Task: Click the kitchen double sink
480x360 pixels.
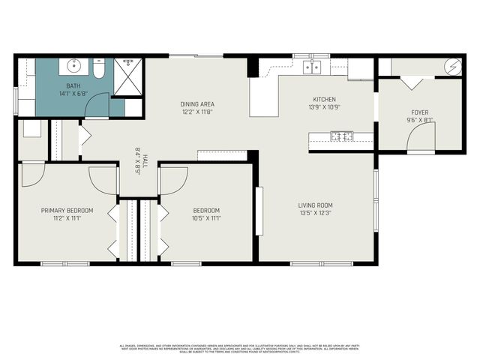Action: tap(312, 67)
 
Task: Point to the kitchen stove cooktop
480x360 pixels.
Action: tap(342, 136)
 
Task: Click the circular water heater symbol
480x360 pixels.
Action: tap(453, 67)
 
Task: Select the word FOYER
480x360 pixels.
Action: tap(419, 112)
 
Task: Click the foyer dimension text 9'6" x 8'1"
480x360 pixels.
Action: tap(419, 120)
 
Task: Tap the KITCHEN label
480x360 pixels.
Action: tap(324, 100)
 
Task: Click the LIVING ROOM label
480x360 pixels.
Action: tap(315, 205)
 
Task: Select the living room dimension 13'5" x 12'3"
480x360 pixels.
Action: tap(315, 212)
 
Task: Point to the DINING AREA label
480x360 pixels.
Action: tap(197, 104)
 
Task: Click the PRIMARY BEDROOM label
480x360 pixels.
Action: tap(67, 211)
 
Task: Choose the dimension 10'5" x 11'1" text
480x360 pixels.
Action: tap(206, 218)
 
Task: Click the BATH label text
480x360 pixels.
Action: tap(73, 86)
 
